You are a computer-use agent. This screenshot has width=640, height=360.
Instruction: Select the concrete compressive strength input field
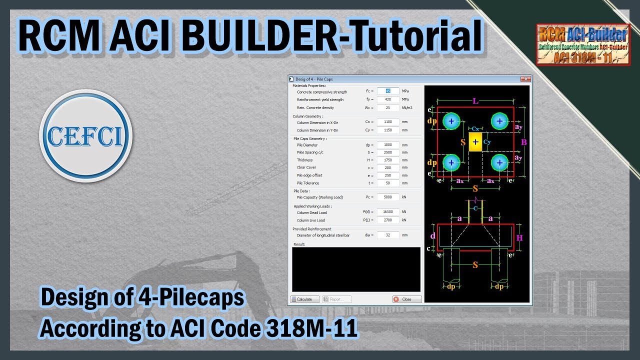click(387, 91)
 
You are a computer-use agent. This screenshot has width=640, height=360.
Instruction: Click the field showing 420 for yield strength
click(387, 99)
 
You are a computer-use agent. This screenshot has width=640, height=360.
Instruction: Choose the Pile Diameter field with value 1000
click(387, 145)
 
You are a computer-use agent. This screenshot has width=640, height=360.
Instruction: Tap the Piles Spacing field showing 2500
click(387, 152)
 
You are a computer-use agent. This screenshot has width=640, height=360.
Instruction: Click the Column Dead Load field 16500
click(387, 212)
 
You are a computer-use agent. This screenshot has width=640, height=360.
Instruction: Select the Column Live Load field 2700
click(387, 220)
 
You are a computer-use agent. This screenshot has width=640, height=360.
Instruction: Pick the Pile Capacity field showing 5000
click(387, 197)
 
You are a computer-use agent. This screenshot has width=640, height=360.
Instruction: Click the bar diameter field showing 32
click(387, 235)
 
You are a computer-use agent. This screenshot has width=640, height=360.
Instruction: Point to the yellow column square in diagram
click(475, 142)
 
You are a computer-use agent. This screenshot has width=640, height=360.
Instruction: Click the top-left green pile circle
click(451, 121)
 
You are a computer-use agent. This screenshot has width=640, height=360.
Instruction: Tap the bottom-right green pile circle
click(499, 163)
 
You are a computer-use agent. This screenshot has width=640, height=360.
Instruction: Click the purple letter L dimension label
click(475, 101)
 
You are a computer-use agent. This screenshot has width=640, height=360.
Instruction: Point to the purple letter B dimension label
click(524, 142)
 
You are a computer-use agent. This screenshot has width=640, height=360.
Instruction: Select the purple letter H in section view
click(519, 238)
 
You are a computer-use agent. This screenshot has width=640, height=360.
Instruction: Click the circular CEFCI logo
click(85, 136)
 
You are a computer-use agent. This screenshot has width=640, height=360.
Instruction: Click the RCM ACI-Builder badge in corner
click(583, 45)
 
